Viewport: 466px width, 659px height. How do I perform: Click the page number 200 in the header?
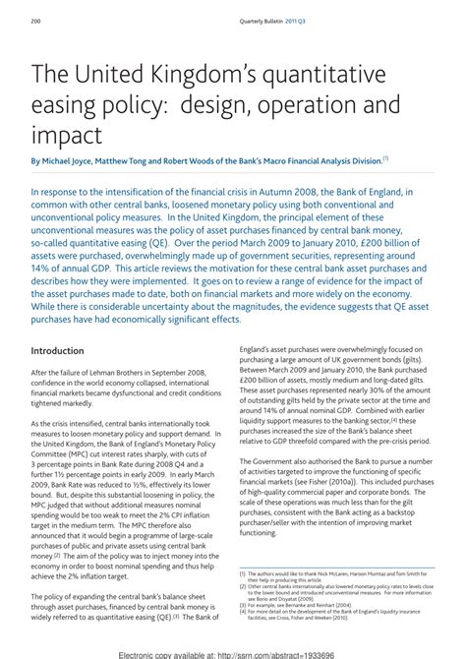[x=35, y=21]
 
